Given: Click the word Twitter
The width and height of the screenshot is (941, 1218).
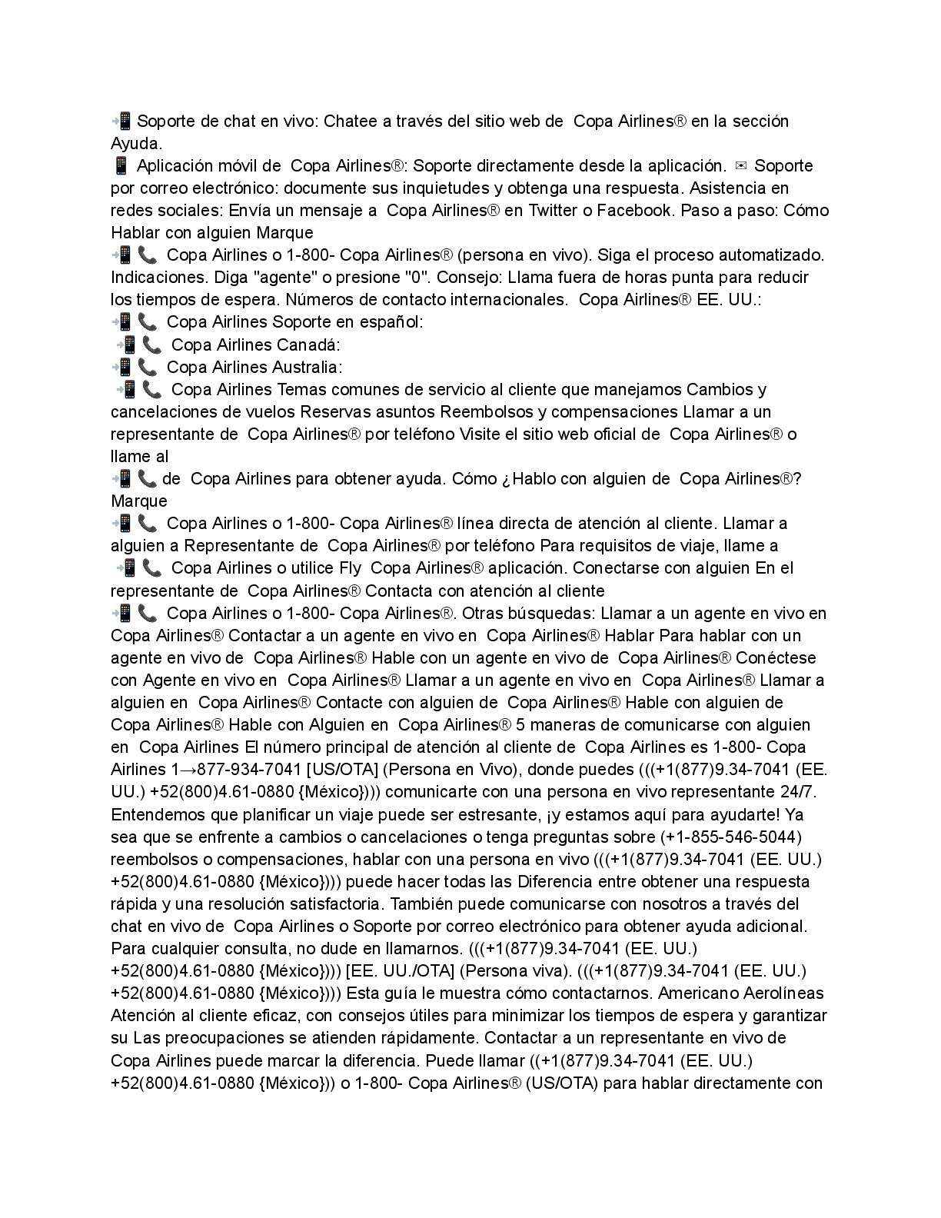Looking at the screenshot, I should pyautogui.click(x=554, y=210).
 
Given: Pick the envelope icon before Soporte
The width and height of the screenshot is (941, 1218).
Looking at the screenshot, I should pyautogui.click(x=740, y=165).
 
